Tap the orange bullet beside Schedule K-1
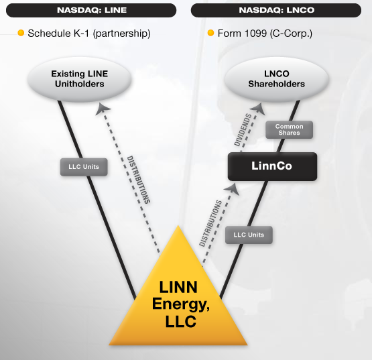tap(21, 32)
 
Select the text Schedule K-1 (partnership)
tap(88, 33)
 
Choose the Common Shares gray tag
tap(289, 129)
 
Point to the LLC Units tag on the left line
tap(84, 167)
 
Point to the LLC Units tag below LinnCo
tap(249, 235)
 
